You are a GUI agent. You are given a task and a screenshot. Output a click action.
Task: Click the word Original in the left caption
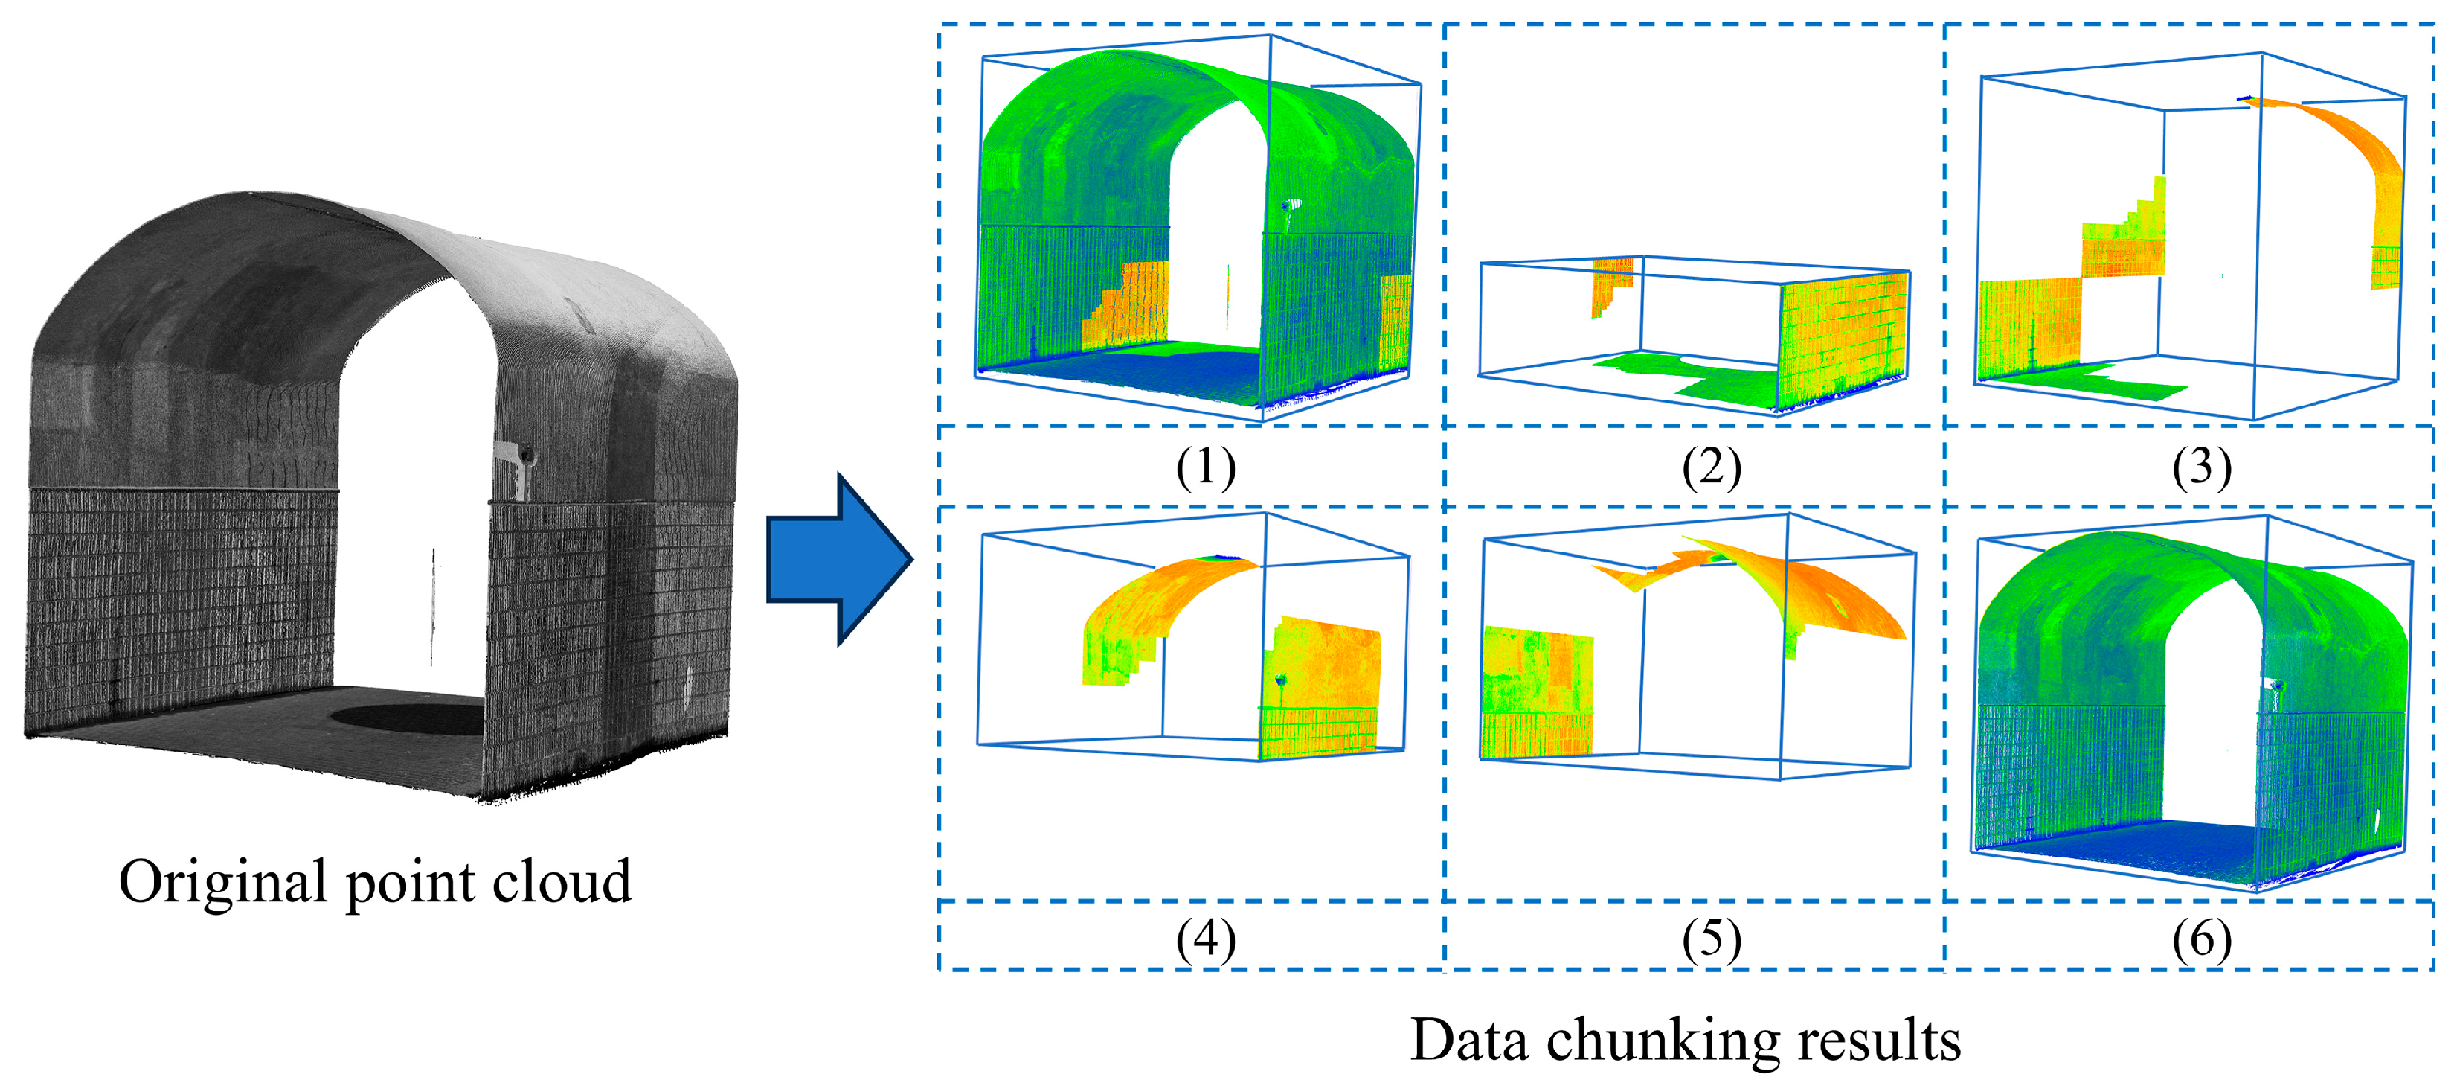tap(219, 882)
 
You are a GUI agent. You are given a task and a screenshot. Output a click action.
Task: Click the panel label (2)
tap(1711, 467)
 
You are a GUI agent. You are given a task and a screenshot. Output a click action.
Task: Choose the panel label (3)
tap(2201, 467)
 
